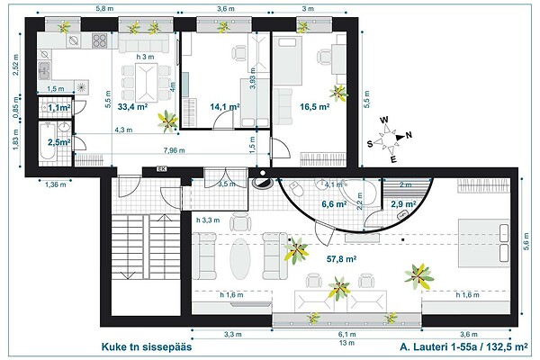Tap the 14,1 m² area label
point(224,106)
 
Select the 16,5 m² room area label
point(312,106)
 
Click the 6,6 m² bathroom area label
point(336,204)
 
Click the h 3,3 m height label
point(208,219)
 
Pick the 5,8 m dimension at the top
point(103,8)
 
